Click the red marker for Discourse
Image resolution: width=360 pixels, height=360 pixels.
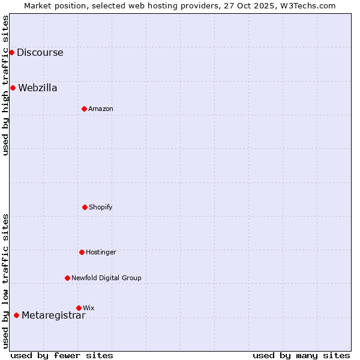(x=11, y=52)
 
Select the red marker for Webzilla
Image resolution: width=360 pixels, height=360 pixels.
(x=13, y=88)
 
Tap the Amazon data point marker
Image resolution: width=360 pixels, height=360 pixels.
(x=84, y=109)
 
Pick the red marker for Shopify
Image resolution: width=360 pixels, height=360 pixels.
(x=85, y=207)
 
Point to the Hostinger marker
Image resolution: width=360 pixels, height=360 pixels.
(x=82, y=252)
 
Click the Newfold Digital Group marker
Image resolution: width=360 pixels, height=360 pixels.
(x=67, y=278)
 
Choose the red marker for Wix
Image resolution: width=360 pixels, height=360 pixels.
(x=79, y=308)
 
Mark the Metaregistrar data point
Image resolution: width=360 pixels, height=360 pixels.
(x=16, y=315)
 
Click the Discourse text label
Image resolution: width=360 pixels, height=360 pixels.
(x=40, y=53)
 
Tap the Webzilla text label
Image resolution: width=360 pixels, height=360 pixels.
(x=38, y=88)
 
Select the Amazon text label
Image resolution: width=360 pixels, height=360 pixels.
(x=101, y=109)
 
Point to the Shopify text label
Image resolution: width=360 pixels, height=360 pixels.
(x=101, y=208)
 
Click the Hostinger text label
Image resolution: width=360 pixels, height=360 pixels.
(x=101, y=253)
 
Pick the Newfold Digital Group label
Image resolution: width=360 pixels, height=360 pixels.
(x=106, y=278)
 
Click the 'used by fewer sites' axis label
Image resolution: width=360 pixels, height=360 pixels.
(x=62, y=356)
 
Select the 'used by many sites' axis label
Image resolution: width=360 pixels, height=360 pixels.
(x=301, y=356)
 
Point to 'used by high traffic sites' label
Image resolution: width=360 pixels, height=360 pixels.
(x=6, y=85)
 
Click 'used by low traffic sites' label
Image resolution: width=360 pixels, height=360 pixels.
(x=6, y=281)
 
